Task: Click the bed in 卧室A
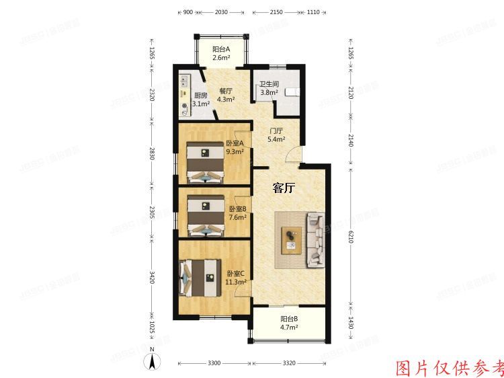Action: point(206,161)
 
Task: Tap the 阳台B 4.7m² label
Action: point(289,323)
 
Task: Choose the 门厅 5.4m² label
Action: point(276,135)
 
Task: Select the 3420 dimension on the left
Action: point(152,277)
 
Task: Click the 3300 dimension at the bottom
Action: point(214,363)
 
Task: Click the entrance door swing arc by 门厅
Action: point(290,156)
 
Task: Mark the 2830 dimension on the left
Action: point(152,154)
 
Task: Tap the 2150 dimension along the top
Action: point(276,12)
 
